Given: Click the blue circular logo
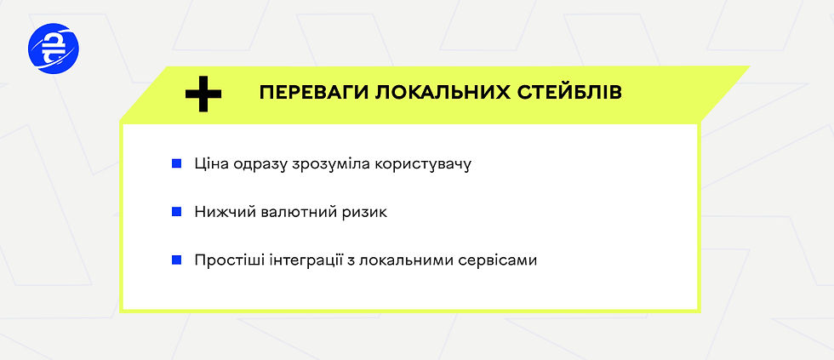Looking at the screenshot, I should [53, 49].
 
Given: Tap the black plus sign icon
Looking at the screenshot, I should [203, 93].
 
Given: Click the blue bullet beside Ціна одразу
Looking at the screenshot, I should [176, 162].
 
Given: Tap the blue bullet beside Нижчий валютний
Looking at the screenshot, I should [176, 211].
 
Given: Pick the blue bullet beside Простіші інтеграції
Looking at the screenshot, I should [176, 260].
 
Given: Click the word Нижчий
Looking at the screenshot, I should [223, 212].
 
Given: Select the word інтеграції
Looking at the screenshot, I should [303, 260].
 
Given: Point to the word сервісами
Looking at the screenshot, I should [498, 260].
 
